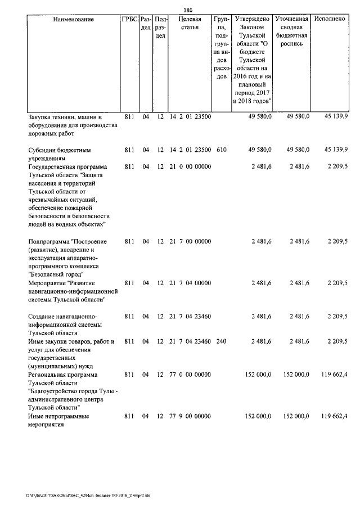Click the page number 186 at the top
(x=188, y=10)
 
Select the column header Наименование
(x=73, y=20)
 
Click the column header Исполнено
(x=330, y=20)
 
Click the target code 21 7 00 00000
(x=190, y=241)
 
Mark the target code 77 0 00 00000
(x=190, y=374)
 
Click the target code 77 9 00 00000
(x=190, y=416)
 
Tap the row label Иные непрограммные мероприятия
(x=59, y=420)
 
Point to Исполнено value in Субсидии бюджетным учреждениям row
(x=336, y=150)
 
